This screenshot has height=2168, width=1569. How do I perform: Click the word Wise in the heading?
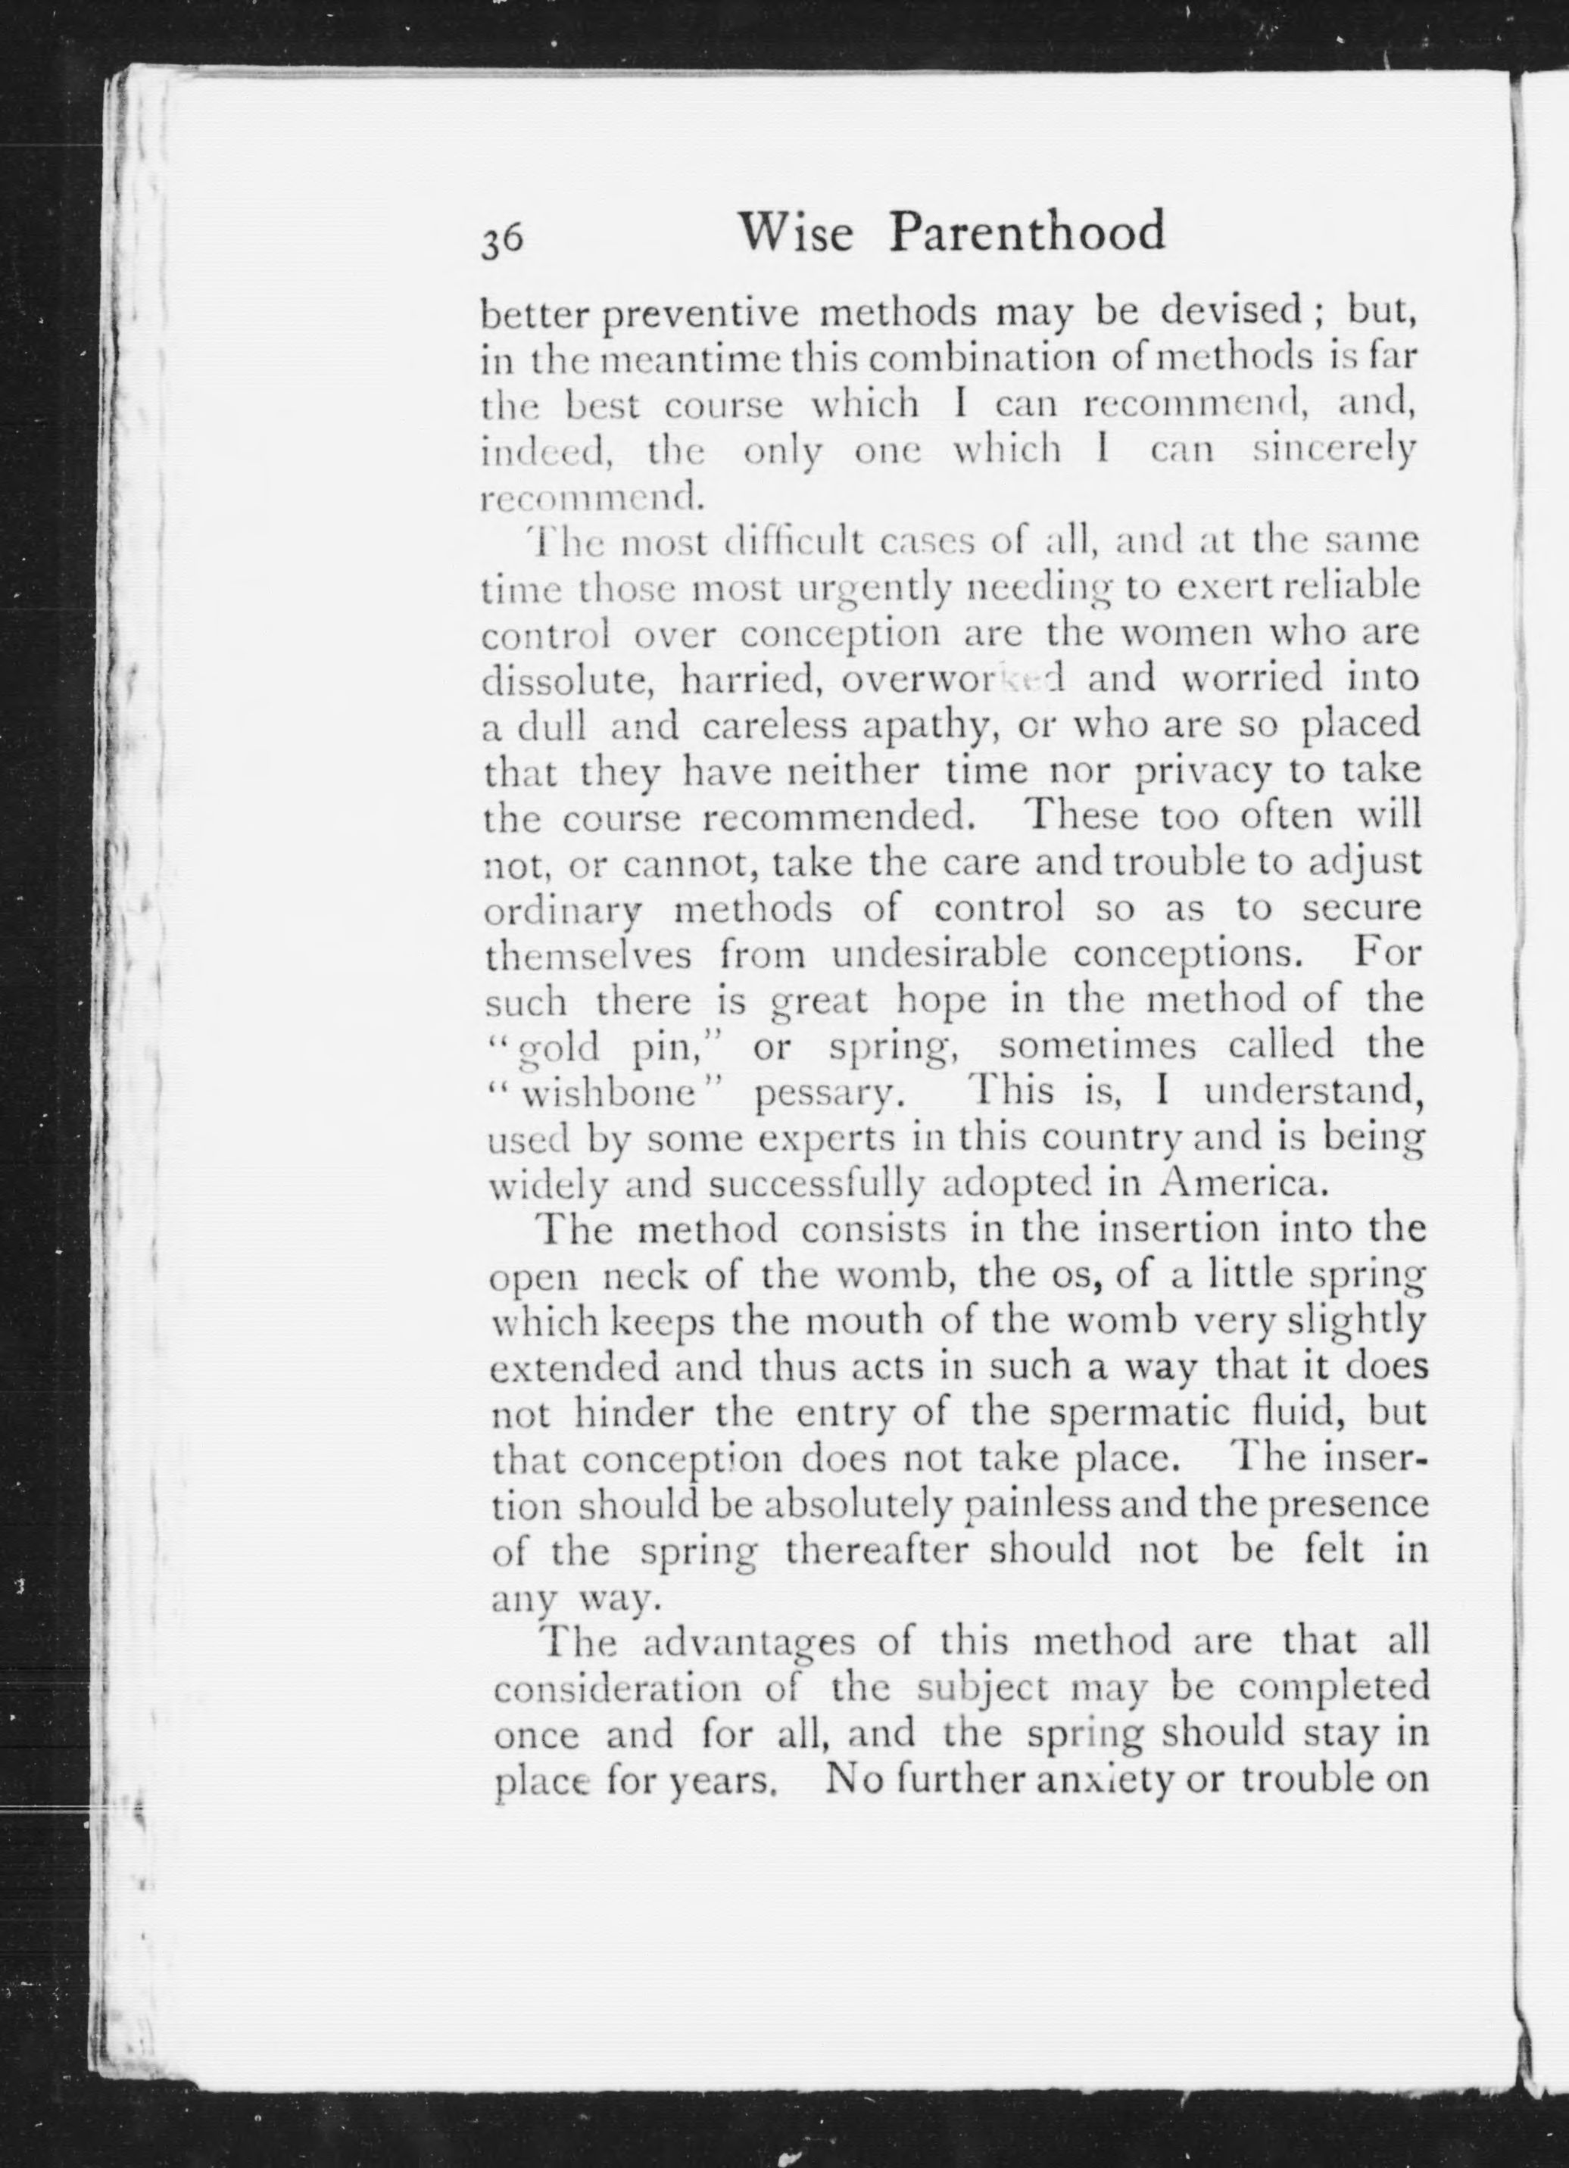click(797, 232)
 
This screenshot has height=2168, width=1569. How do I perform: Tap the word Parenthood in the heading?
click(1028, 232)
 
